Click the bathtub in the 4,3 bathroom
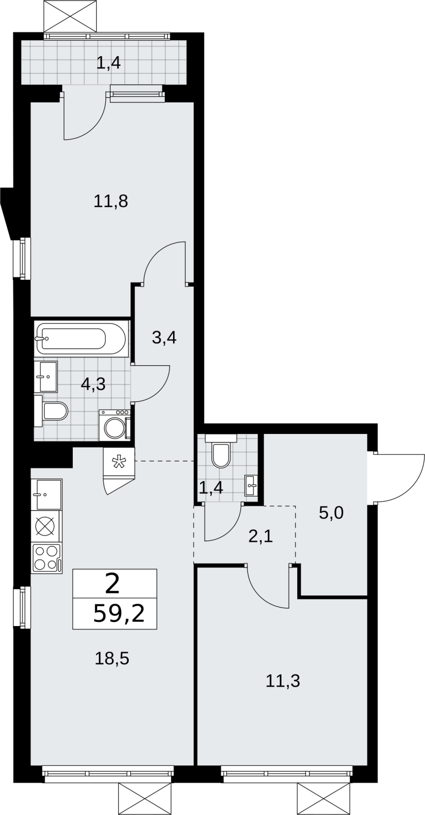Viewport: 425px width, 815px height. click(x=81, y=339)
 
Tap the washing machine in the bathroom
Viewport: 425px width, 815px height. click(x=115, y=425)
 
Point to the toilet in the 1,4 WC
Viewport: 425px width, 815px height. click(x=221, y=451)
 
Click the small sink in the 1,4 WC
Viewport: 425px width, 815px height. click(x=251, y=485)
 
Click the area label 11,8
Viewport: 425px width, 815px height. click(x=111, y=201)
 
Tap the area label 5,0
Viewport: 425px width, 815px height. click(x=331, y=513)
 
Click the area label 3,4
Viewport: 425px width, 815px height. click(x=164, y=338)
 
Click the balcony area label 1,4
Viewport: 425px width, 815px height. click(x=108, y=63)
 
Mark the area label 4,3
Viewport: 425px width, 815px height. click(x=93, y=384)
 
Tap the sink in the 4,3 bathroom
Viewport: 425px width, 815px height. click(x=48, y=376)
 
